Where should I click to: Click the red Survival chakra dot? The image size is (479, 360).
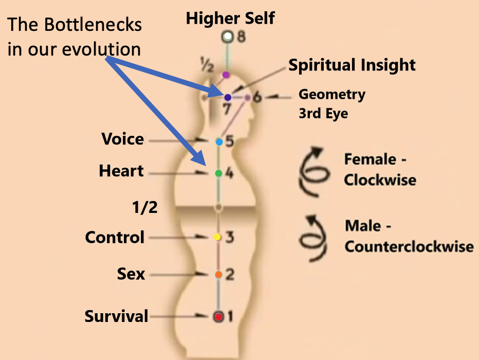[x=218, y=317]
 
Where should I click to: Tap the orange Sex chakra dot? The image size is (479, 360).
[x=218, y=275]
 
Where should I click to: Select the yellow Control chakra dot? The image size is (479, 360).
[x=217, y=238]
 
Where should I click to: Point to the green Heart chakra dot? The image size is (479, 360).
[x=218, y=173]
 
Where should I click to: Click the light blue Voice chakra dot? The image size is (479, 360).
[x=219, y=141]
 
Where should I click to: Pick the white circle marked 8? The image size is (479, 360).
[x=227, y=37]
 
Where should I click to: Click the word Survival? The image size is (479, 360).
[x=116, y=316]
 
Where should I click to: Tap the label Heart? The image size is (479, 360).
[x=121, y=171]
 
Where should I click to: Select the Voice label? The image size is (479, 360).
[x=122, y=139]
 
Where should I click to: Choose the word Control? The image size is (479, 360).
[x=115, y=237]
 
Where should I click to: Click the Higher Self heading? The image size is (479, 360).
[x=230, y=19]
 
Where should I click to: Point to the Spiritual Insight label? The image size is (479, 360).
[x=352, y=65]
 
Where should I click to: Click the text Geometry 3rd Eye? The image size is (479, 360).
[x=331, y=104]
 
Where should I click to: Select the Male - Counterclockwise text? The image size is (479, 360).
[x=409, y=236]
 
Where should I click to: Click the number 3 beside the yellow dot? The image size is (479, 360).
[x=230, y=238]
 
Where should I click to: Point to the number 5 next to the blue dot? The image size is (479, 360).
[x=230, y=141]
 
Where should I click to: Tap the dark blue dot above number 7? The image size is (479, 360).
[x=228, y=97]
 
